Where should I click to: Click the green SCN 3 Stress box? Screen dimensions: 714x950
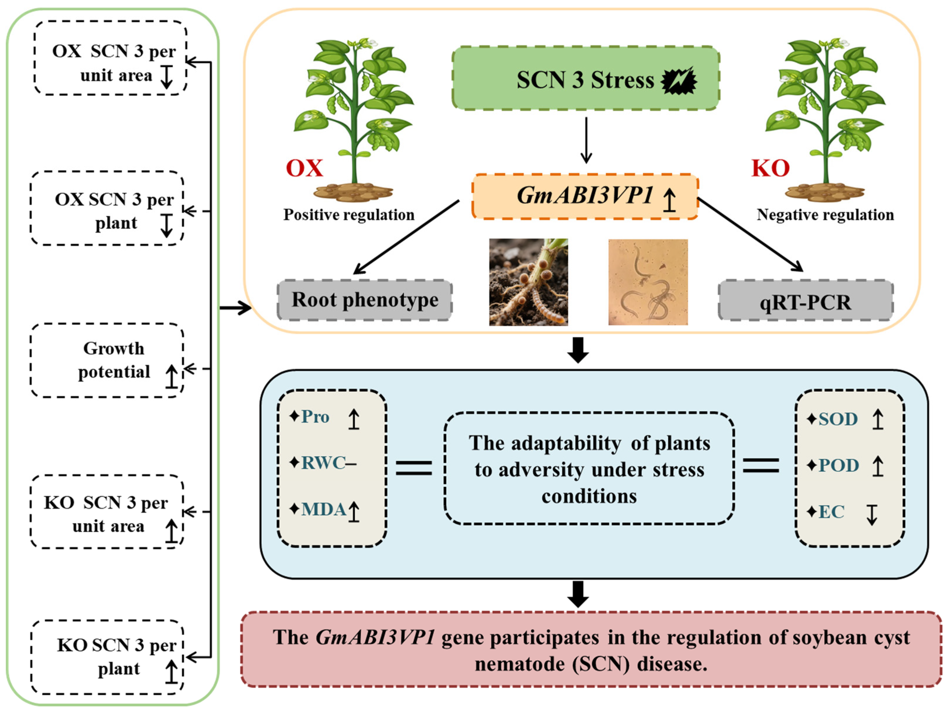coord(586,78)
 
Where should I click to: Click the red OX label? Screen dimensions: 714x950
coord(304,168)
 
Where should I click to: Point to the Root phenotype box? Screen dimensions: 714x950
coord(364,300)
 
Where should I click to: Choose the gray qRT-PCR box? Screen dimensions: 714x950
coord(806,302)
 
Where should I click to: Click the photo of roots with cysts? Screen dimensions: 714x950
coord(528,282)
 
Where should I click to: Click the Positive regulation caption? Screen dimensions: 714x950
coord(349,215)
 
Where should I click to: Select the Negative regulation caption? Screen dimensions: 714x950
coord(825,215)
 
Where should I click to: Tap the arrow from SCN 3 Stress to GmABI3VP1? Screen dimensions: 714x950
coord(586,140)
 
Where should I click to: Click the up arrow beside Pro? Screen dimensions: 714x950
coord(353,419)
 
